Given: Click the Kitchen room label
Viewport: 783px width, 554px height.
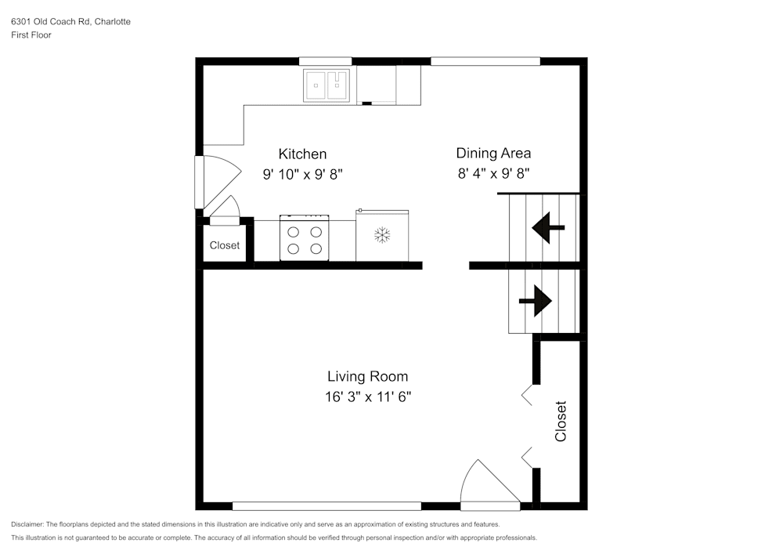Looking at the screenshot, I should pyautogui.click(x=302, y=154).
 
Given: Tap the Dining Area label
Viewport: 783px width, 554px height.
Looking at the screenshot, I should pyautogui.click(x=493, y=154).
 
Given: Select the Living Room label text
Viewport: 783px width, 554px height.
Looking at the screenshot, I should pyautogui.click(x=367, y=377).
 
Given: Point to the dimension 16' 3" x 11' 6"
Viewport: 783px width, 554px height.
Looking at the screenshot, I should pyautogui.click(x=368, y=397).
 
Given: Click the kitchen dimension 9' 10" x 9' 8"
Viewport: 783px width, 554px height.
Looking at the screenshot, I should pyautogui.click(x=302, y=175).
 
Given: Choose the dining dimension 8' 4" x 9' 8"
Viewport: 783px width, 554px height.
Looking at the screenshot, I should pyautogui.click(x=494, y=174).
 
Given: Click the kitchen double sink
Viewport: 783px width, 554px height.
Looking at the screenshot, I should pyautogui.click(x=327, y=85).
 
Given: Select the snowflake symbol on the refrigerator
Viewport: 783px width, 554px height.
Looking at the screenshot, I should pyautogui.click(x=382, y=234).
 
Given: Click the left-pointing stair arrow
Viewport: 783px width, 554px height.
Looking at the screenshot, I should pyautogui.click(x=547, y=228).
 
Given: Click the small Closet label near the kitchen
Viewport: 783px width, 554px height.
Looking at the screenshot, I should pyautogui.click(x=225, y=245).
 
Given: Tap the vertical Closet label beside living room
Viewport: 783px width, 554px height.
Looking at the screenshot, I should pyautogui.click(x=561, y=422).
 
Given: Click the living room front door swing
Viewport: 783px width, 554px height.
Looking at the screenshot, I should pyautogui.click(x=487, y=482).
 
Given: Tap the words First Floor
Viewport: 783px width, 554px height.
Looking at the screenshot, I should pyautogui.click(x=31, y=35).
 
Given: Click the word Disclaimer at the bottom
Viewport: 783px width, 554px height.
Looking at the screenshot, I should pyautogui.click(x=27, y=524).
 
